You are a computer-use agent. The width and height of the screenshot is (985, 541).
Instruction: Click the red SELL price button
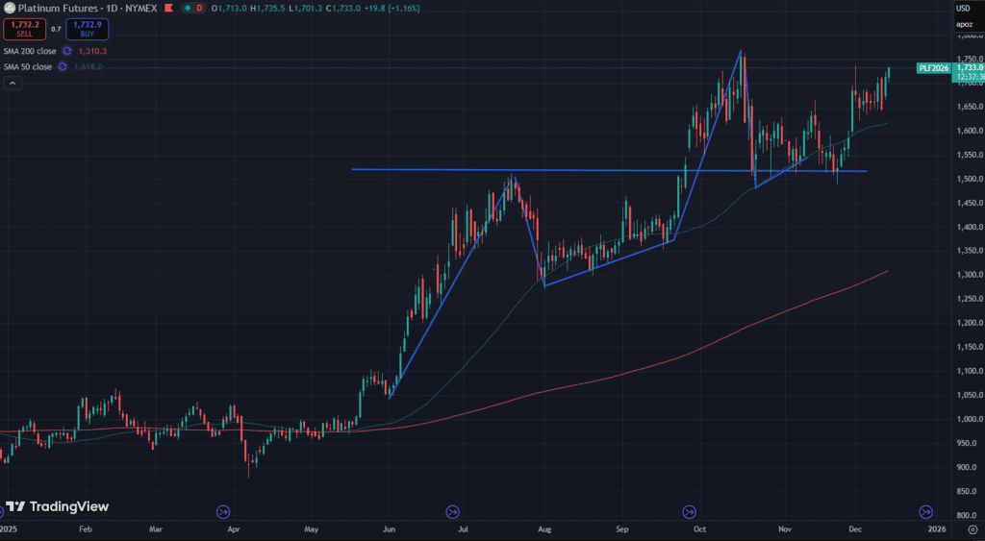[x=24, y=30]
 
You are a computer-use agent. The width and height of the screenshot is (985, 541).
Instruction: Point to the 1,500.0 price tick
[x=968, y=179]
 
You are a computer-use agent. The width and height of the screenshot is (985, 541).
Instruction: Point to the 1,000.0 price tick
[x=968, y=419]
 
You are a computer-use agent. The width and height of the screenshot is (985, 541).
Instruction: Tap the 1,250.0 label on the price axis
[x=968, y=299]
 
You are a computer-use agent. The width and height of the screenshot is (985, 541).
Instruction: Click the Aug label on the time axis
[x=543, y=529]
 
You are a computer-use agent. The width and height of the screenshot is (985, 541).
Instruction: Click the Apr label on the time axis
[x=233, y=529]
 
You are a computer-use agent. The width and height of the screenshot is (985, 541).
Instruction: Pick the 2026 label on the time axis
[x=936, y=529]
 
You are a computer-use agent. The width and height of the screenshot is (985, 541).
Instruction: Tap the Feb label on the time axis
[x=85, y=529]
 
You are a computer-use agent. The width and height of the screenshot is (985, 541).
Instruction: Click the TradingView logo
[x=57, y=506]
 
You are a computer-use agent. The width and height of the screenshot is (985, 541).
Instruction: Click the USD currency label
[x=963, y=8]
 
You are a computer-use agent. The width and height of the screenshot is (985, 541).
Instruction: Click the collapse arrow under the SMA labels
[x=13, y=84]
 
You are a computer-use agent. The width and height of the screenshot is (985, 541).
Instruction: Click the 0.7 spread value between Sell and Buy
[x=55, y=30]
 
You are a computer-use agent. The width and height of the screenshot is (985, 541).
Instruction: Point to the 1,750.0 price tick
[x=968, y=59]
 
